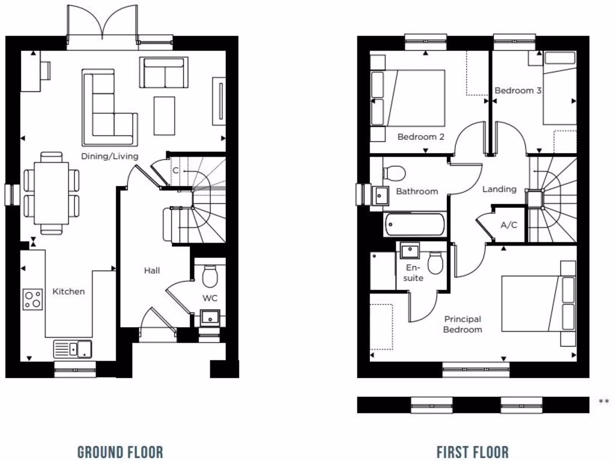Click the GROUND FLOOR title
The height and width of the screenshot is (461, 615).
pos(120,452)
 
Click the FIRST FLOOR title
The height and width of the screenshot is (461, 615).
pos(472,452)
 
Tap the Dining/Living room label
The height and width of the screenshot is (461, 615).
pos(110,156)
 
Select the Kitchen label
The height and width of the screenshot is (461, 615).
pos(69,292)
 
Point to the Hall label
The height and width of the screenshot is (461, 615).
pos(152,271)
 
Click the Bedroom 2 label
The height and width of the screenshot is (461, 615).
pos(421,137)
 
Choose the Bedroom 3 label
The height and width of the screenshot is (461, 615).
pos(518,91)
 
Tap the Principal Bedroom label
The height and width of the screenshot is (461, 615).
pos(462,324)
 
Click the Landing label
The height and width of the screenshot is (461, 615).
pos(500,189)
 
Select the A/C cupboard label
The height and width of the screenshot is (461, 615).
pos(508,226)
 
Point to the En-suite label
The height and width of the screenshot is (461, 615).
pos(414,273)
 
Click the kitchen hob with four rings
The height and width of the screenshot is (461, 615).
pos(33,299)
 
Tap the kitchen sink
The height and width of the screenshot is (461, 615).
pos(73,349)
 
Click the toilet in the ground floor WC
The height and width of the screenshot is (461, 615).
pos(210,276)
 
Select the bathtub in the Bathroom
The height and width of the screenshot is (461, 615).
pos(414,224)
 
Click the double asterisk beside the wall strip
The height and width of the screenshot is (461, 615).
pos(604,402)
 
